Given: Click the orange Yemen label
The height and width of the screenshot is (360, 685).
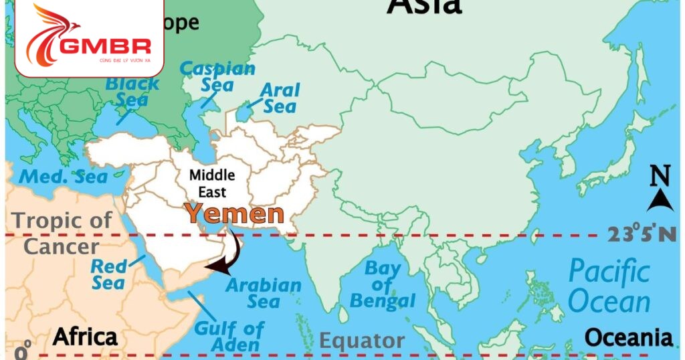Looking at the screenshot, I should pyautogui.click(x=234, y=214).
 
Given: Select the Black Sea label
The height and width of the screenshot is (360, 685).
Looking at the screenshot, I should pyautogui.click(x=132, y=92).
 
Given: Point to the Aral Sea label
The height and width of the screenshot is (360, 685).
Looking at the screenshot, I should pyautogui.click(x=280, y=98).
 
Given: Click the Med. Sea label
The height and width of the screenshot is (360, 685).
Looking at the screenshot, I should pyautogui.click(x=64, y=177).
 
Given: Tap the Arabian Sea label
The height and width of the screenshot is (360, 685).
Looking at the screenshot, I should pyautogui.click(x=264, y=293).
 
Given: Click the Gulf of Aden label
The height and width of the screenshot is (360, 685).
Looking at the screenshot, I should pyautogui.click(x=229, y=337).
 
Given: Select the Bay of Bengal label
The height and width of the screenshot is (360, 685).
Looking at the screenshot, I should pyautogui.click(x=382, y=285).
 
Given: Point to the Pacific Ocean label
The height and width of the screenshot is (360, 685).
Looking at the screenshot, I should pyautogui.click(x=609, y=287).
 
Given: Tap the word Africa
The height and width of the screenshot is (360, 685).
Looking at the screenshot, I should pyautogui.click(x=85, y=337).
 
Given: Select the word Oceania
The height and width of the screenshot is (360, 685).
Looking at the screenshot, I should pyautogui.click(x=628, y=337).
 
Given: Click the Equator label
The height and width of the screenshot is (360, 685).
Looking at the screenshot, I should pyautogui.click(x=361, y=341).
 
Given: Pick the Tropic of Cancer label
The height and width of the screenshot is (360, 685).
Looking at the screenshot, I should pyautogui.click(x=62, y=233).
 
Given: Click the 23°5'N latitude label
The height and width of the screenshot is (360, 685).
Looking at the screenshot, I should pyautogui.click(x=642, y=234).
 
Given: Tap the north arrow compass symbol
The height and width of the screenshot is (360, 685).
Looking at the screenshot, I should pyautogui.click(x=660, y=199).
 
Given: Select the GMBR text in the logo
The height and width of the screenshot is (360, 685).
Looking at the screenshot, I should pyautogui.click(x=104, y=46).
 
